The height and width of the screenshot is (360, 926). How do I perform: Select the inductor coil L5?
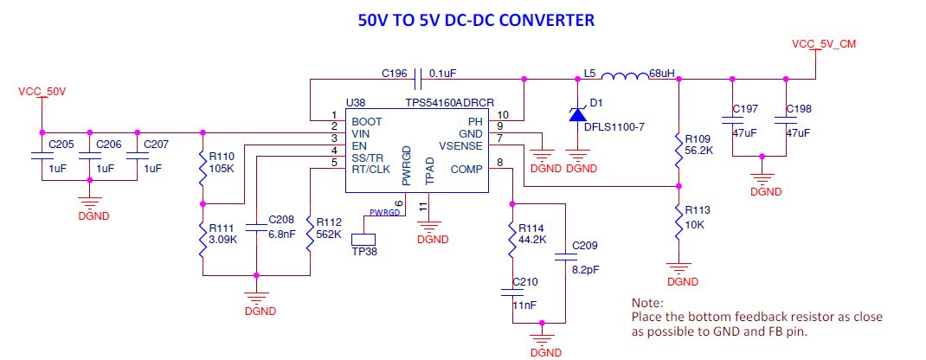coord(625,76)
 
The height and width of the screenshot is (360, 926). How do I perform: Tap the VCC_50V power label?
coord(42,92)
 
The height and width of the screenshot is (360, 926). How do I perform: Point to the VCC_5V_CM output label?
coord(824,44)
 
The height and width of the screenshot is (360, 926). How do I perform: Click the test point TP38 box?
coord(363,240)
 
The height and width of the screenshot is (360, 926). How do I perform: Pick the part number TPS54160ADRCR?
coord(450,103)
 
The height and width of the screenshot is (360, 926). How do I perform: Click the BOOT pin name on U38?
coord(367,121)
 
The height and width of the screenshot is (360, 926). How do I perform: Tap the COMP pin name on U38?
coord(466,170)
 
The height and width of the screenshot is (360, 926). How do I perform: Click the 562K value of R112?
coord(329,235)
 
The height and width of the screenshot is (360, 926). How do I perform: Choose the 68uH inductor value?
coord(663,74)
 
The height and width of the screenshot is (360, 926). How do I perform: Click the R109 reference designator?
coord(697,139)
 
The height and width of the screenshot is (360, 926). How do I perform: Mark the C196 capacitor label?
coord(394,74)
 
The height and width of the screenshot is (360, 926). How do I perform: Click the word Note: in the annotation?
coord(648,304)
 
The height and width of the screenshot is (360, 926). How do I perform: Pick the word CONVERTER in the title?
coord(546,20)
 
